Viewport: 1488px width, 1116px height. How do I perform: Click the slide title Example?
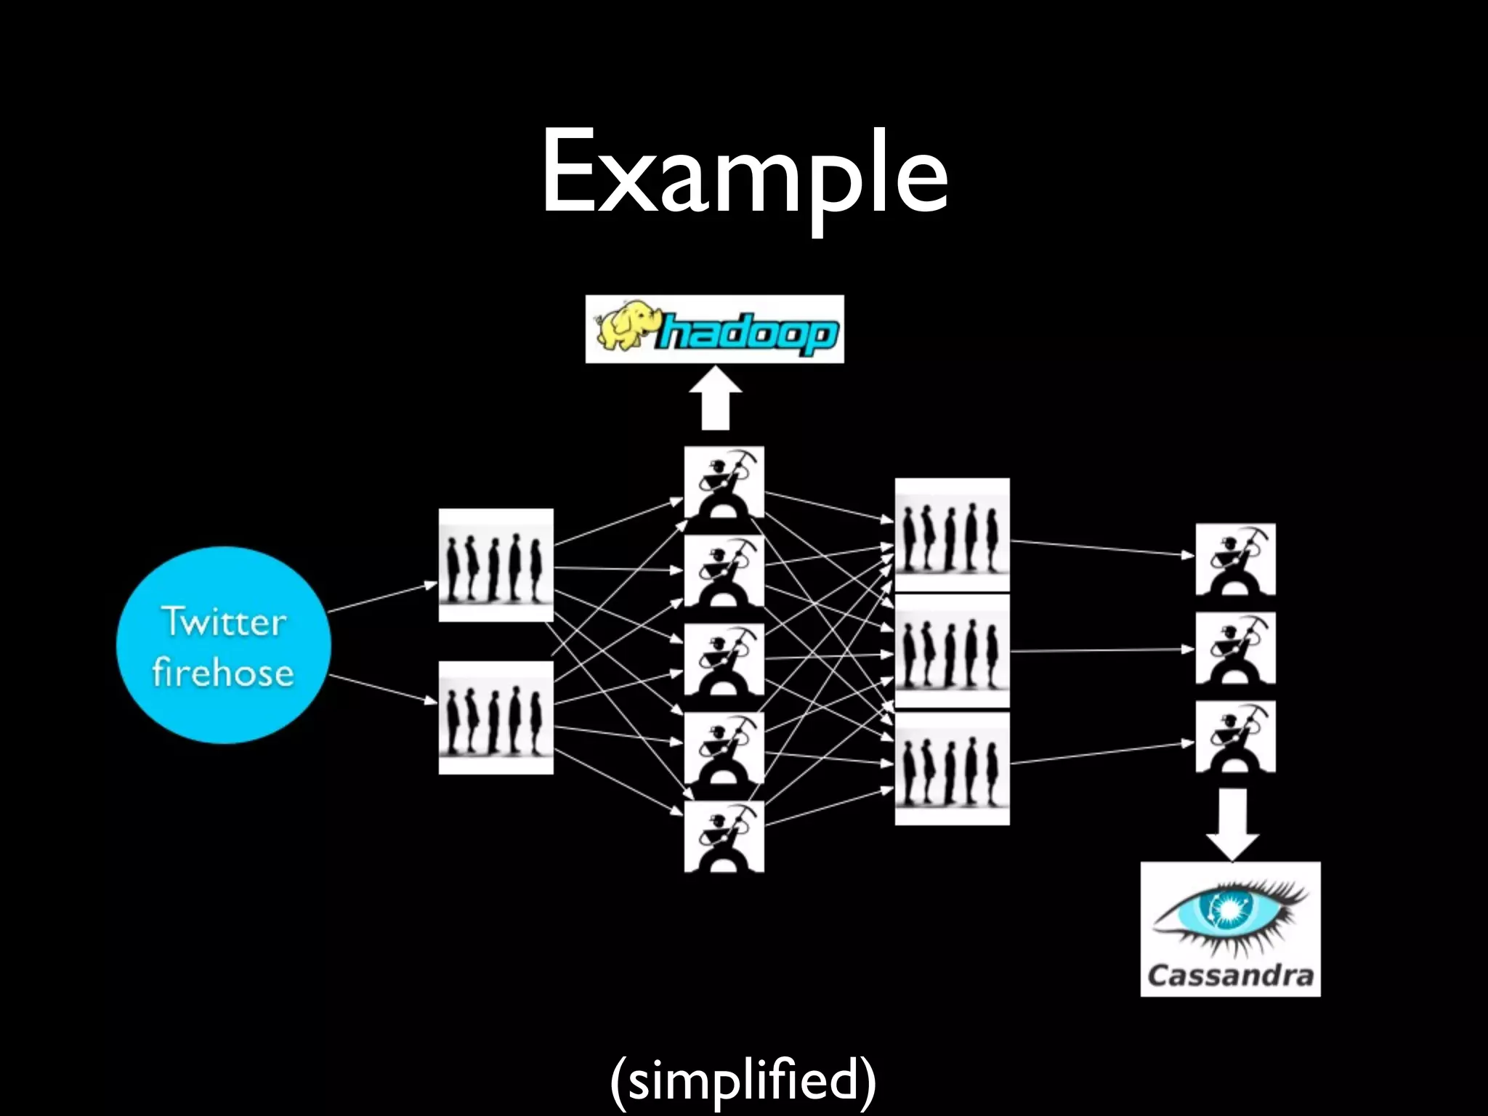(744, 173)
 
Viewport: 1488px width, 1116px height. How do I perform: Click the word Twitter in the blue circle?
(224, 622)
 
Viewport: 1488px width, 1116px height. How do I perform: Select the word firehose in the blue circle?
(223, 672)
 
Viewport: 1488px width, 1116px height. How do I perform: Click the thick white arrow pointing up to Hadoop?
(716, 400)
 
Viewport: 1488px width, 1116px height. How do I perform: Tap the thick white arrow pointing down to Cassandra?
(1232, 822)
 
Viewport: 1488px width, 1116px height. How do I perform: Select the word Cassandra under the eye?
(1231, 974)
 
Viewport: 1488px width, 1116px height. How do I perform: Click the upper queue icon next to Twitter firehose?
(496, 565)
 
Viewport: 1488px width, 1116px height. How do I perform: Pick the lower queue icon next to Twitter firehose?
(496, 717)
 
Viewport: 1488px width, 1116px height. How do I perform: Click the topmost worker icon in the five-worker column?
(724, 482)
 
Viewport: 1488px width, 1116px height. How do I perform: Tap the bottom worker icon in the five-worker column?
(724, 836)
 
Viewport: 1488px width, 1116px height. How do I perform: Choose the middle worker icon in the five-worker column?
(724, 659)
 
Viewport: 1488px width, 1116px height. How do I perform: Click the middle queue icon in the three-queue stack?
(952, 650)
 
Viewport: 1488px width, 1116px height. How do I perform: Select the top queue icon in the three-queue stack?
(952, 534)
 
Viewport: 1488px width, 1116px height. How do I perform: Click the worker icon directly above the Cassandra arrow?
(1235, 736)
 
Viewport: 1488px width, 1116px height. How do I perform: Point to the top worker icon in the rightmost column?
(1235, 559)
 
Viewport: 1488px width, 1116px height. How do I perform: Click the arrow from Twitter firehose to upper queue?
(382, 597)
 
